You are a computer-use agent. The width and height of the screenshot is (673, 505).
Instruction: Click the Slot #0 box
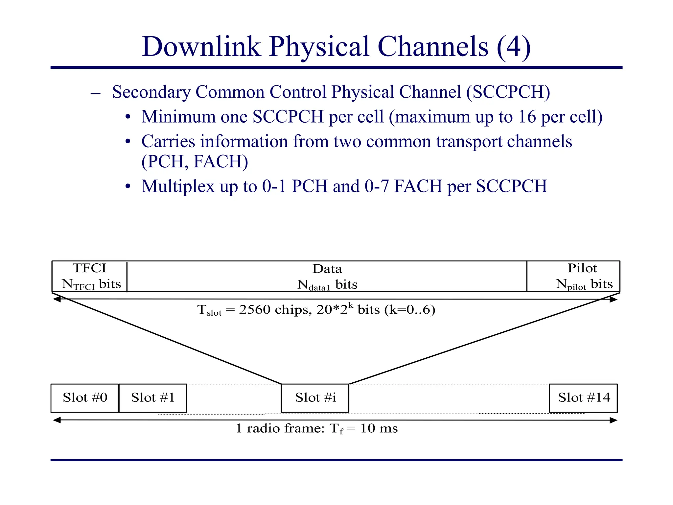point(85,398)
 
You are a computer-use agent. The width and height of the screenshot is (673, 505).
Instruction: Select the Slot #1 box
point(153,398)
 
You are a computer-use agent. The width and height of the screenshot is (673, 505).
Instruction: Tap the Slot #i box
point(315,398)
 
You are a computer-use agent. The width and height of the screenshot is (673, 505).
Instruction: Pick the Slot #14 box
point(584,398)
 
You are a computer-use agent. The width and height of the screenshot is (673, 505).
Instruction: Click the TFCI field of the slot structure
point(89,276)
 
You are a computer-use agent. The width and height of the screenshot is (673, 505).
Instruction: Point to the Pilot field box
point(573,276)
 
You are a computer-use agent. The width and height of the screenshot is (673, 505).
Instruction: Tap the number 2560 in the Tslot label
point(255,310)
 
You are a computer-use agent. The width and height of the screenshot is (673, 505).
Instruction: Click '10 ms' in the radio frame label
point(379,428)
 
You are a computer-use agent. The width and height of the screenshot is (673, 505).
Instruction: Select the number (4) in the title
point(514,47)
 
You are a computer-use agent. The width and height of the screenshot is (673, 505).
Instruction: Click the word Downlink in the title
point(201,47)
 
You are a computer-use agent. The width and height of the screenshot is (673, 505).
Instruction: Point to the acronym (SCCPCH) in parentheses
point(508,92)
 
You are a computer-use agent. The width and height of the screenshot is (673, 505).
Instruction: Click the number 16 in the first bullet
point(527,117)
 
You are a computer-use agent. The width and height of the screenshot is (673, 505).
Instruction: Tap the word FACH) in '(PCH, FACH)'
point(221,161)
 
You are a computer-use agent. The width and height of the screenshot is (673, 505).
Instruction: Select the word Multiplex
point(178,186)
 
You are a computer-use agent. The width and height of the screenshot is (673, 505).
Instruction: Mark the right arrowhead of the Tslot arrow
point(614,300)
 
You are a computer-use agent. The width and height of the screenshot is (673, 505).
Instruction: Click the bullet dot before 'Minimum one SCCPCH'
point(128,117)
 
